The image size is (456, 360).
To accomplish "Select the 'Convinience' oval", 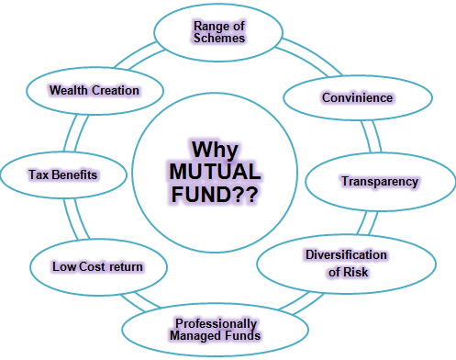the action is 357,96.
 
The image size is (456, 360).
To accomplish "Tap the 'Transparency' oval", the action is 379,181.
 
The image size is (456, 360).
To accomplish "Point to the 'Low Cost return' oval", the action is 97,266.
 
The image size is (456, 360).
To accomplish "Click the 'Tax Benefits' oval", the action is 62,173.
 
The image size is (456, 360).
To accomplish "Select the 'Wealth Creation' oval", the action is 95,90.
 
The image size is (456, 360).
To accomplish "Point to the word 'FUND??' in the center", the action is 214,195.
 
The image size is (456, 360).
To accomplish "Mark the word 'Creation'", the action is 117,90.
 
